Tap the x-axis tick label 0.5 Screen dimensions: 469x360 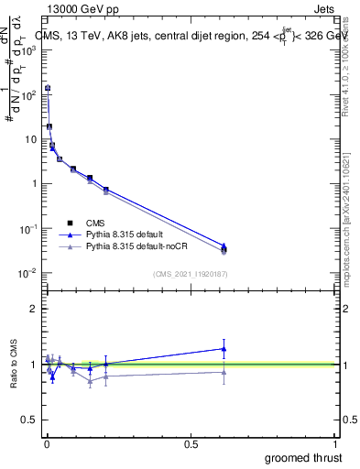[x=191, y=443]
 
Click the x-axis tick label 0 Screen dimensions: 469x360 [x=47, y=443]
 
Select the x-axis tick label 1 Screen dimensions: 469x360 [x=335, y=443]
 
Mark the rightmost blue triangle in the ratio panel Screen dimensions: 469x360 [x=224, y=348]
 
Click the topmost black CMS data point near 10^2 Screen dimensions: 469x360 [x=48, y=89]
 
